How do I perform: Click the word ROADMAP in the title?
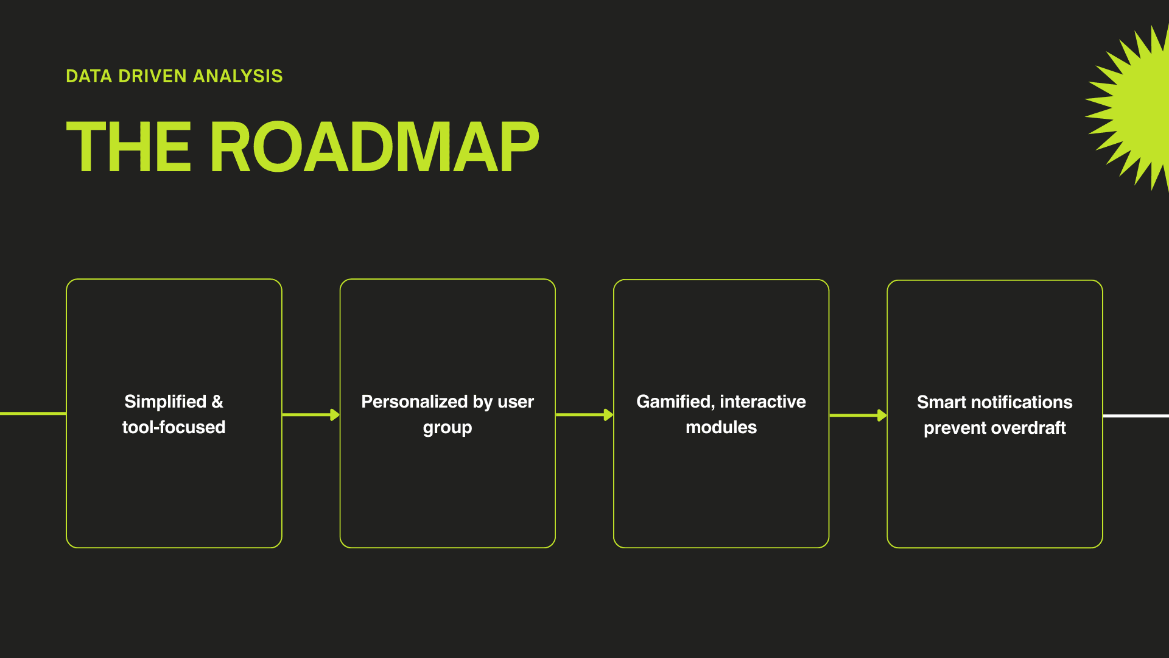point(374,147)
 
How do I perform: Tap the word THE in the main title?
point(128,147)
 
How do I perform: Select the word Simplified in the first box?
point(165,402)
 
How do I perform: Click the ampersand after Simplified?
point(217,402)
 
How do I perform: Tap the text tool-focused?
point(174,427)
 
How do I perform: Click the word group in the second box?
point(448,428)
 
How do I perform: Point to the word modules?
point(721,427)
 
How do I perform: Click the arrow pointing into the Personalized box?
point(311,415)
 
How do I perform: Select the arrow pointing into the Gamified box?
point(584,415)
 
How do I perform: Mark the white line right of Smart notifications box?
point(1136,416)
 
